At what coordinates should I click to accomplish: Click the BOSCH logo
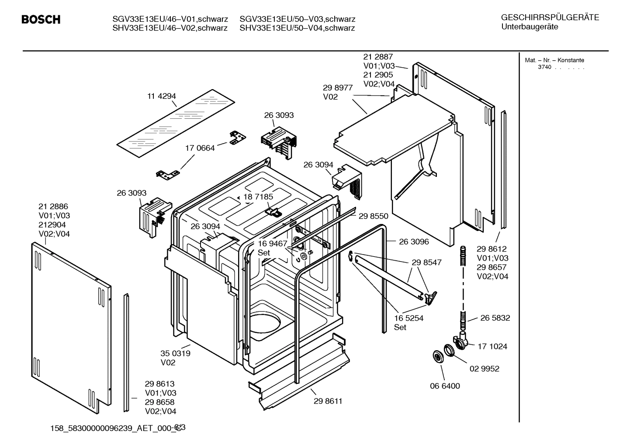[41, 20]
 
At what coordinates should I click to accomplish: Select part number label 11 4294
[161, 96]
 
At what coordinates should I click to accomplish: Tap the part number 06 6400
[445, 386]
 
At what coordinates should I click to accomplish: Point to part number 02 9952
[484, 369]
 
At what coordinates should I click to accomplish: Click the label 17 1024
[492, 346]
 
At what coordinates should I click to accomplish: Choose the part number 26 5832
[495, 318]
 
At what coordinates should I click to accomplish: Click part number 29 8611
[328, 401]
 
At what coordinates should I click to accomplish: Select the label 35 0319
[175, 353]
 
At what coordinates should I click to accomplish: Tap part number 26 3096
[414, 241]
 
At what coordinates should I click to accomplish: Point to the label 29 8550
[373, 216]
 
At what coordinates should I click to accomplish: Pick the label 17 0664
[200, 148]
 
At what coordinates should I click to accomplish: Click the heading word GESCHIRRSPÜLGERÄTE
[550, 17]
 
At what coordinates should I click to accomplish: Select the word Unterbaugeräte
[530, 27]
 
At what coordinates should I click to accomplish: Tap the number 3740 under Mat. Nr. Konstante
[544, 67]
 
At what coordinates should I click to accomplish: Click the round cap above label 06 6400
[436, 356]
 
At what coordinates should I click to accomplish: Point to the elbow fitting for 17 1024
[461, 341]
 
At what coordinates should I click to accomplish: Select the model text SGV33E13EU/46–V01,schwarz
[170, 19]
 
